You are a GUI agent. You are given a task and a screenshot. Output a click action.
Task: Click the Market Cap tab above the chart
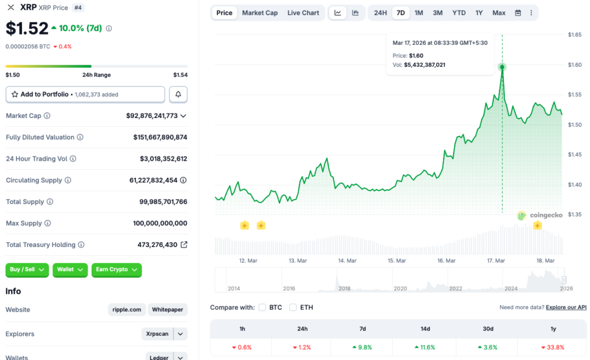(259, 13)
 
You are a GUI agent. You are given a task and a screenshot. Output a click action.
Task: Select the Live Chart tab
(303, 13)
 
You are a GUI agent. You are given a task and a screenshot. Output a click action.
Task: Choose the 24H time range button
(380, 13)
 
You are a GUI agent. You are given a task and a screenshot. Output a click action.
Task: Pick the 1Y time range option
(479, 13)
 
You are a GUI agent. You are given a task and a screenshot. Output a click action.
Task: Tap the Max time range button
(499, 13)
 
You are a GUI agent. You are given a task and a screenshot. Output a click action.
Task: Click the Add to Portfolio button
(85, 94)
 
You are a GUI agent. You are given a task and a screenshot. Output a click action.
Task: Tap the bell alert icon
(178, 94)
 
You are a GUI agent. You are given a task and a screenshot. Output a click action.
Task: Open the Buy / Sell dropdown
(27, 270)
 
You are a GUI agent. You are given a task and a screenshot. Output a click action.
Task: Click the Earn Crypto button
(116, 270)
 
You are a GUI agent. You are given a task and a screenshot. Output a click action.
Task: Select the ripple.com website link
(127, 310)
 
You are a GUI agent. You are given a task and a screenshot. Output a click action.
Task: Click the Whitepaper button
(168, 310)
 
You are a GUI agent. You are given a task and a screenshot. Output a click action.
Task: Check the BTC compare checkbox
(263, 308)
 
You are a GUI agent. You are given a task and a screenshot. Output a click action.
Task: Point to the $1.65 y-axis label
(574, 35)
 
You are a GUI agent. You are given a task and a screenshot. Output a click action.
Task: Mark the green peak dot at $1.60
(502, 67)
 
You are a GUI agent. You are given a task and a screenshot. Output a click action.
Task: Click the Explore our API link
(566, 308)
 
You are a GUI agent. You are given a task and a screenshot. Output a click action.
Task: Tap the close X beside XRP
(11, 7)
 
